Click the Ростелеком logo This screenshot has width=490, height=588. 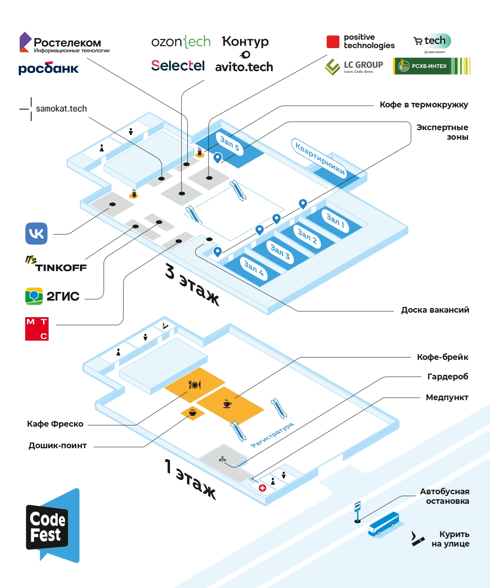(64, 43)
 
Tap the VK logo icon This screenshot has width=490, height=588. (36, 233)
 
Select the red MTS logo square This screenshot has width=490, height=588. (37, 329)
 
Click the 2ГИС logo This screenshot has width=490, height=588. (52, 296)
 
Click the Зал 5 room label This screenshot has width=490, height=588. (230, 143)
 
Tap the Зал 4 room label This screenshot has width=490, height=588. (254, 268)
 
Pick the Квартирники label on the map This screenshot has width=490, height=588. (320, 158)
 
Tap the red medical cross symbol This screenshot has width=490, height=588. (262, 488)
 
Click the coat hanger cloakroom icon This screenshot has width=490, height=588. (223, 459)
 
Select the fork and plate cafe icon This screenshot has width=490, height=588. (194, 385)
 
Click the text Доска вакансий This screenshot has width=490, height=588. (435, 310)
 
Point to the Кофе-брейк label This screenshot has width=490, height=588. (442, 357)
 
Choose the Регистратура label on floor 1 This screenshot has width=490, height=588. (272, 435)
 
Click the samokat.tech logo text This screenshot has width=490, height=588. (61, 109)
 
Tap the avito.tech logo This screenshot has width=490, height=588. (244, 67)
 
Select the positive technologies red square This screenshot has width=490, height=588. (333, 42)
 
